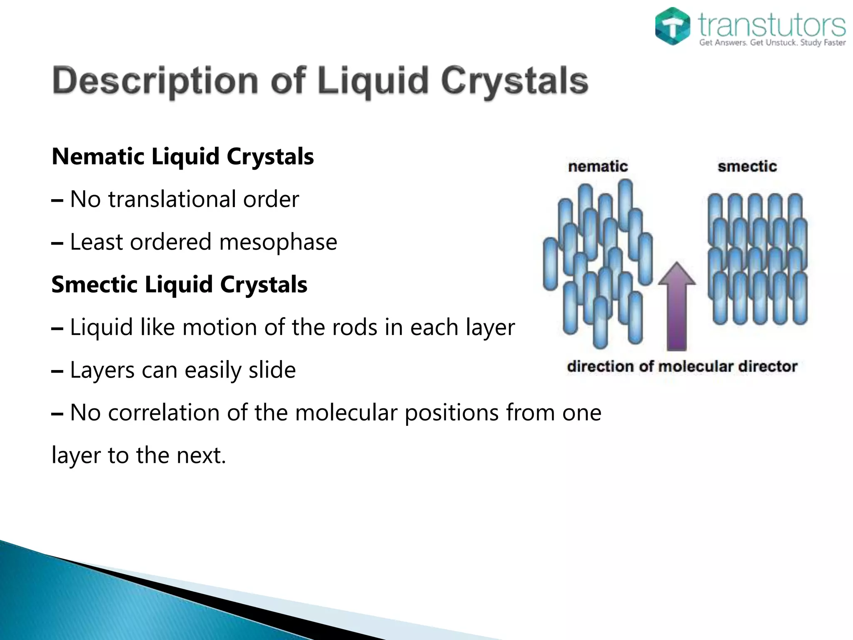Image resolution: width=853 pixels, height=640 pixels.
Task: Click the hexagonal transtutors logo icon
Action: tap(672, 26)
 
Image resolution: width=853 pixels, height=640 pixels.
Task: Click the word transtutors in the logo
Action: tap(772, 25)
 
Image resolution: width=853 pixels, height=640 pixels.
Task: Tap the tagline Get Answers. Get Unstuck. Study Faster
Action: tap(772, 42)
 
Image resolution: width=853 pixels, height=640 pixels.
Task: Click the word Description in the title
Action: tap(155, 81)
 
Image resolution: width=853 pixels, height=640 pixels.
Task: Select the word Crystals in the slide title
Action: tap(514, 81)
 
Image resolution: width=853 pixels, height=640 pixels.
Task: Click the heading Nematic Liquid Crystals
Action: tap(182, 157)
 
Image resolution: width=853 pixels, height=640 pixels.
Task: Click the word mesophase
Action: tap(278, 242)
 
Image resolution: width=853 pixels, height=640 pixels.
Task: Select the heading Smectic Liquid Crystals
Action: tap(179, 285)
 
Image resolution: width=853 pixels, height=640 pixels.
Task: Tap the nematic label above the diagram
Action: tap(598, 167)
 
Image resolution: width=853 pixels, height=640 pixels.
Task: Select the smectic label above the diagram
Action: tap(747, 167)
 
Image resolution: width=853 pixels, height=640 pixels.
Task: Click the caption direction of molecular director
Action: tap(682, 367)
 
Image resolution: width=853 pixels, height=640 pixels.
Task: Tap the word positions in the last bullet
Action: tap(451, 412)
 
